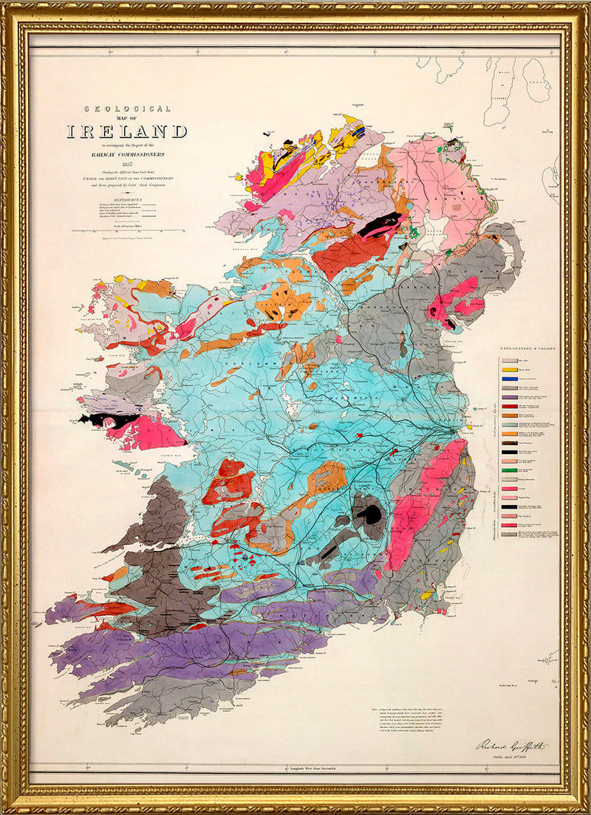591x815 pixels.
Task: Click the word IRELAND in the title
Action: [x=126, y=132]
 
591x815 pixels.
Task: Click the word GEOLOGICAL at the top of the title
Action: [x=126, y=109]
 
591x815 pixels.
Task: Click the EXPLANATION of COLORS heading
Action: [x=527, y=347]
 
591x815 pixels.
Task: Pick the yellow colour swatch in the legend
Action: [x=509, y=368]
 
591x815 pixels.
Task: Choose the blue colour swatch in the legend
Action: [x=509, y=377]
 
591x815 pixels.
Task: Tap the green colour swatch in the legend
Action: [x=509, y=470]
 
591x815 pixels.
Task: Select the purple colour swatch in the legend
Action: [x=509, y=396]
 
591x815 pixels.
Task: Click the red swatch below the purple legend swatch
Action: [x=509, y=406]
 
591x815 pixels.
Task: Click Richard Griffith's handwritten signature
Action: [x=510, y=745]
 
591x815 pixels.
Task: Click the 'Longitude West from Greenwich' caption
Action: [x=295, y=769]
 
